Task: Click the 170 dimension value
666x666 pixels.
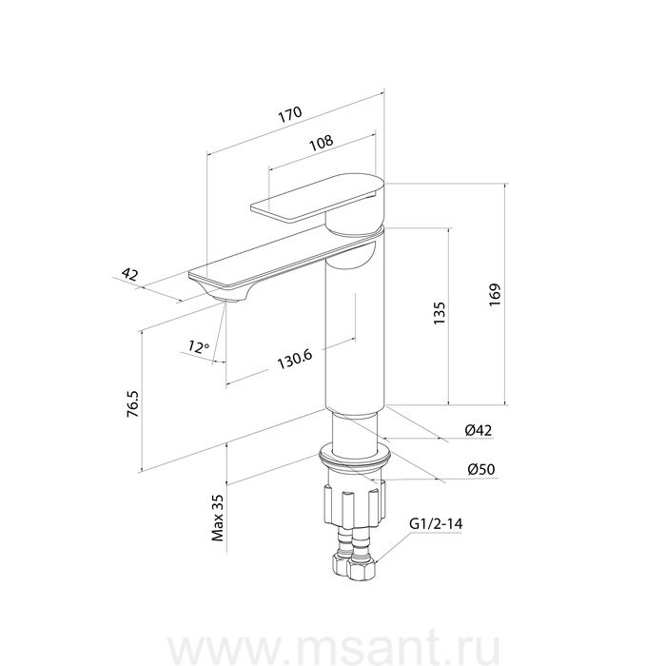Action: coord(290,114)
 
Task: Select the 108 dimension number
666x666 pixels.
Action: coord(322,143)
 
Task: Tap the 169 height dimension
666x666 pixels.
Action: coord(495,295)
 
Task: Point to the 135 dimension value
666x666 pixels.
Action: coord(440,313)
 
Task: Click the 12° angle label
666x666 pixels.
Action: coord(199,346)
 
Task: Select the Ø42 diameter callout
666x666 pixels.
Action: coord(479,430)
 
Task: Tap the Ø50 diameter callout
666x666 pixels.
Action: coord(481,469)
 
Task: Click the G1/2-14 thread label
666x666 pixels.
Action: coord(436,523)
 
